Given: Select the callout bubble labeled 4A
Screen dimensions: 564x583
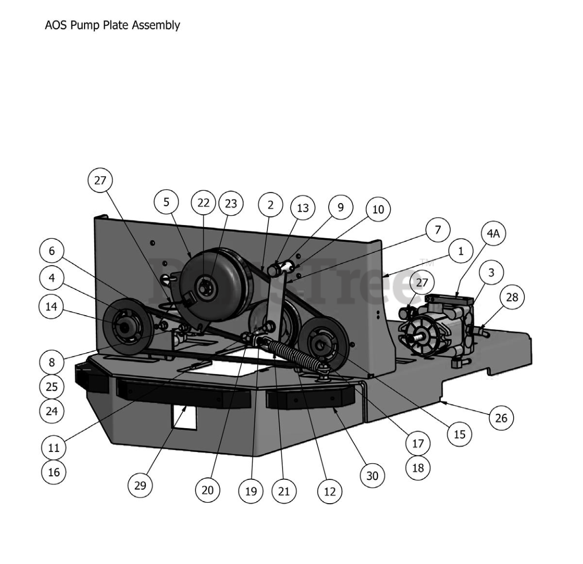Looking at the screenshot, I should point(493,234).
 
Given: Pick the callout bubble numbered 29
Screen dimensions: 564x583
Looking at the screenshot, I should point(140,485).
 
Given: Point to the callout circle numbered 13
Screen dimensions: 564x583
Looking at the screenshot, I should point(302,208).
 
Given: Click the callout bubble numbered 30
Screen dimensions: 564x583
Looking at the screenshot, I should point(372,476).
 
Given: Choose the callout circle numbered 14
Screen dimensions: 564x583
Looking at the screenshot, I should point(52,307).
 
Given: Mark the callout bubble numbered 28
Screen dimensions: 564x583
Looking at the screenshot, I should point(512,297).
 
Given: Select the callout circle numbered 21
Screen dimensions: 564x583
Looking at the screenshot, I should point(284,491).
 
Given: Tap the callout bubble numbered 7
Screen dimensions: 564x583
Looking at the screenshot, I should point(438,230).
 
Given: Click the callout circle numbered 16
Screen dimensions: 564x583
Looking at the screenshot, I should point(54,472).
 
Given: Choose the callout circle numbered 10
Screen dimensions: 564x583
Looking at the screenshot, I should point(378,209).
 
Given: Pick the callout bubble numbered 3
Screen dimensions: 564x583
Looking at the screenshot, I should point(491,272).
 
